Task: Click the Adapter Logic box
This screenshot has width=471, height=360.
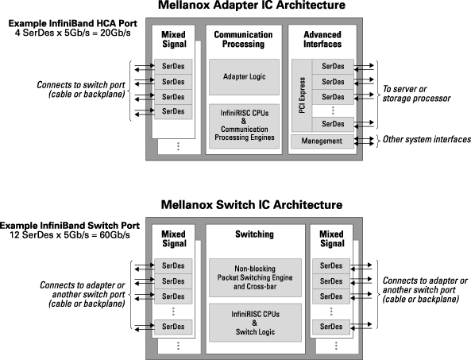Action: pyautogui.click(x=244, y=77)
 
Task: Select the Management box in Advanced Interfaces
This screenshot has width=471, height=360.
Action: pyautogui.click(x=322, y=141)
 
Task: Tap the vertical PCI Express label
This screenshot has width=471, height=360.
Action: pyautogui.click(x=302, y=95)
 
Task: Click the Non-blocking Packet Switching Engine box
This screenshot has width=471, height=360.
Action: pyautogui.click(x=255, y=277)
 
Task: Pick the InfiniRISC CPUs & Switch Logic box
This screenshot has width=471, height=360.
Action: pyautogui.click(x=255, y=323)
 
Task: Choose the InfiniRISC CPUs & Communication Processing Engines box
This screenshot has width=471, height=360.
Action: pyautogui.click(x=244, y=126)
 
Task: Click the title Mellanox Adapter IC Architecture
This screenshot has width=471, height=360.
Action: pyautogui.click(x=252, y=5)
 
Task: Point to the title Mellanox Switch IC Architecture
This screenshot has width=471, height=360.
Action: pyautogui.click(x=252, y=205)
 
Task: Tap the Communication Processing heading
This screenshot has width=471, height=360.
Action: pyautogui.click(x=243, y=40)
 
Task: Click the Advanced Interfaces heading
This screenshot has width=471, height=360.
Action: pyautogui.click(x=322, y=40)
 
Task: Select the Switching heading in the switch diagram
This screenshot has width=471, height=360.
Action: pyautogui.click(x=254, y=234)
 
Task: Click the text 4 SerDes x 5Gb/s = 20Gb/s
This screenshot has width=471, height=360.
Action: pyautogui.click(x=73, y=33)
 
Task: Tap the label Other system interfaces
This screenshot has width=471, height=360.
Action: pyautogui.click(x=427, y=139)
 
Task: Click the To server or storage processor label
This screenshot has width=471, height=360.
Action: pyautogui.click(x=416, y=94)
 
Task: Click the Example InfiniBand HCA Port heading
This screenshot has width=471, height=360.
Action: pyautogui.click(x=73, y=23)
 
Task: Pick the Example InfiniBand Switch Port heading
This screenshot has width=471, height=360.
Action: pyautogui.click(x=70, y=226)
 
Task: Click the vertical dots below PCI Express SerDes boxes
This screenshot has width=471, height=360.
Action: pyautogui.click(x=333, y=110)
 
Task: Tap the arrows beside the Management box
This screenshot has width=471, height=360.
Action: pyautogui.click(x=364, y=141)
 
